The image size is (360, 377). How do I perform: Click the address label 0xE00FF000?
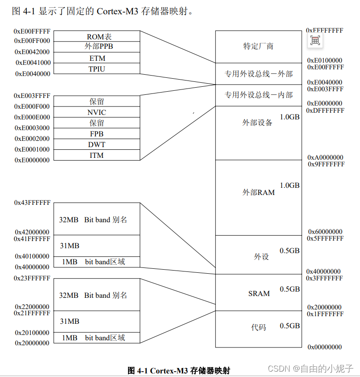tap(32, 41)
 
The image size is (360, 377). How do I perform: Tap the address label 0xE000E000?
tap(32, 117)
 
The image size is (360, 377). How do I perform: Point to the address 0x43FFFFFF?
tap(32, 203)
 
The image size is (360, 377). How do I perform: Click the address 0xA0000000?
tap(325, 157)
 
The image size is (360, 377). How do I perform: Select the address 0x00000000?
tap(325, 347)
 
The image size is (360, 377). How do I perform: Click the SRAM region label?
tap(259, 293)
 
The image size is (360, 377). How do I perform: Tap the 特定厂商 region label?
tap(258, 46)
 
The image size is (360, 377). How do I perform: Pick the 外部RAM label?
tap(258, 192)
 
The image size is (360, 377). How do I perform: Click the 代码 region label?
tap(258, 327)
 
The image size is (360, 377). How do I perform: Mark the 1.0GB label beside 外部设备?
tap(290, 117)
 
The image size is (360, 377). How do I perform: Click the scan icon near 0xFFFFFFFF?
tap(315, 41)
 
